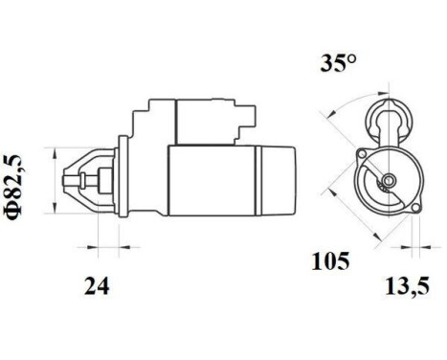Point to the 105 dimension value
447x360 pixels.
[331, 260]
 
